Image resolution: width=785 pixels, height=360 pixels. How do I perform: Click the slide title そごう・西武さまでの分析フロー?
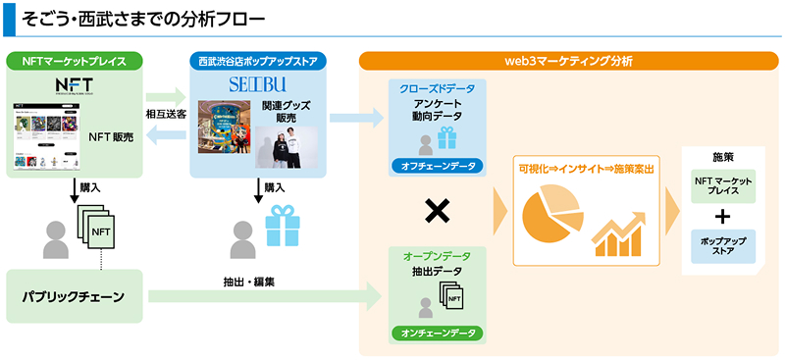pos(147,19)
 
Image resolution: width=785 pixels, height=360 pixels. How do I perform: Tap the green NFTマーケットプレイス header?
pos(74,61)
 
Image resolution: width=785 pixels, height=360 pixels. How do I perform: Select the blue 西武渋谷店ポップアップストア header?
pos(258,61)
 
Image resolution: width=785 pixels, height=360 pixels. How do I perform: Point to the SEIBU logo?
pos(257,82)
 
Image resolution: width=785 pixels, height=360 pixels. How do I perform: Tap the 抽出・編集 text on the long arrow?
pos(248,282)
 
